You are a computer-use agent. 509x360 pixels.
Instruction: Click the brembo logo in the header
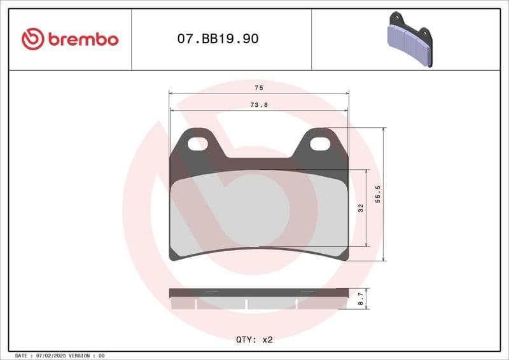[69, 39]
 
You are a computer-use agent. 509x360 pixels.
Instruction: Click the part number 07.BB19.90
[218, 39]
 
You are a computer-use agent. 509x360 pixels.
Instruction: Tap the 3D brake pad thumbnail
[410, 39]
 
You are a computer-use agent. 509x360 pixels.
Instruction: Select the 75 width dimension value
[258, 87]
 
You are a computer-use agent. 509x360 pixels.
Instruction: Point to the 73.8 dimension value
[258, 105]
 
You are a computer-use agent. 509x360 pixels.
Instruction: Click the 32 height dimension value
[360, 208]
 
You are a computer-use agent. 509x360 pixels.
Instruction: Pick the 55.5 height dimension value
[378, 194]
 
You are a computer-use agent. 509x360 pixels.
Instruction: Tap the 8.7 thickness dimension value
[361, 298]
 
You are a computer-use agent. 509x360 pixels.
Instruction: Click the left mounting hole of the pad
[197, 144]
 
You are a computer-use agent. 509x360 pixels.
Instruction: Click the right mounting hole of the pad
[320, 144]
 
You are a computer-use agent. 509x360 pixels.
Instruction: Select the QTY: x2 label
[254, 340]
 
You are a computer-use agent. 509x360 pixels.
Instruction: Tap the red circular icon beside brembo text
[32, 39]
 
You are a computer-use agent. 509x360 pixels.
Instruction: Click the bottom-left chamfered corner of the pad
[174, 255]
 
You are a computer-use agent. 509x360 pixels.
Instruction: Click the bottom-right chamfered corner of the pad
[344, 255]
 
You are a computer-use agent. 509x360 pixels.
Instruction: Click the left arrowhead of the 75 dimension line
[171, 93]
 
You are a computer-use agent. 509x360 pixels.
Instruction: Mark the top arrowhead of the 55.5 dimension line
[383, 130]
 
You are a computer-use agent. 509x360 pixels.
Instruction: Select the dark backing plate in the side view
[258, 293]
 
